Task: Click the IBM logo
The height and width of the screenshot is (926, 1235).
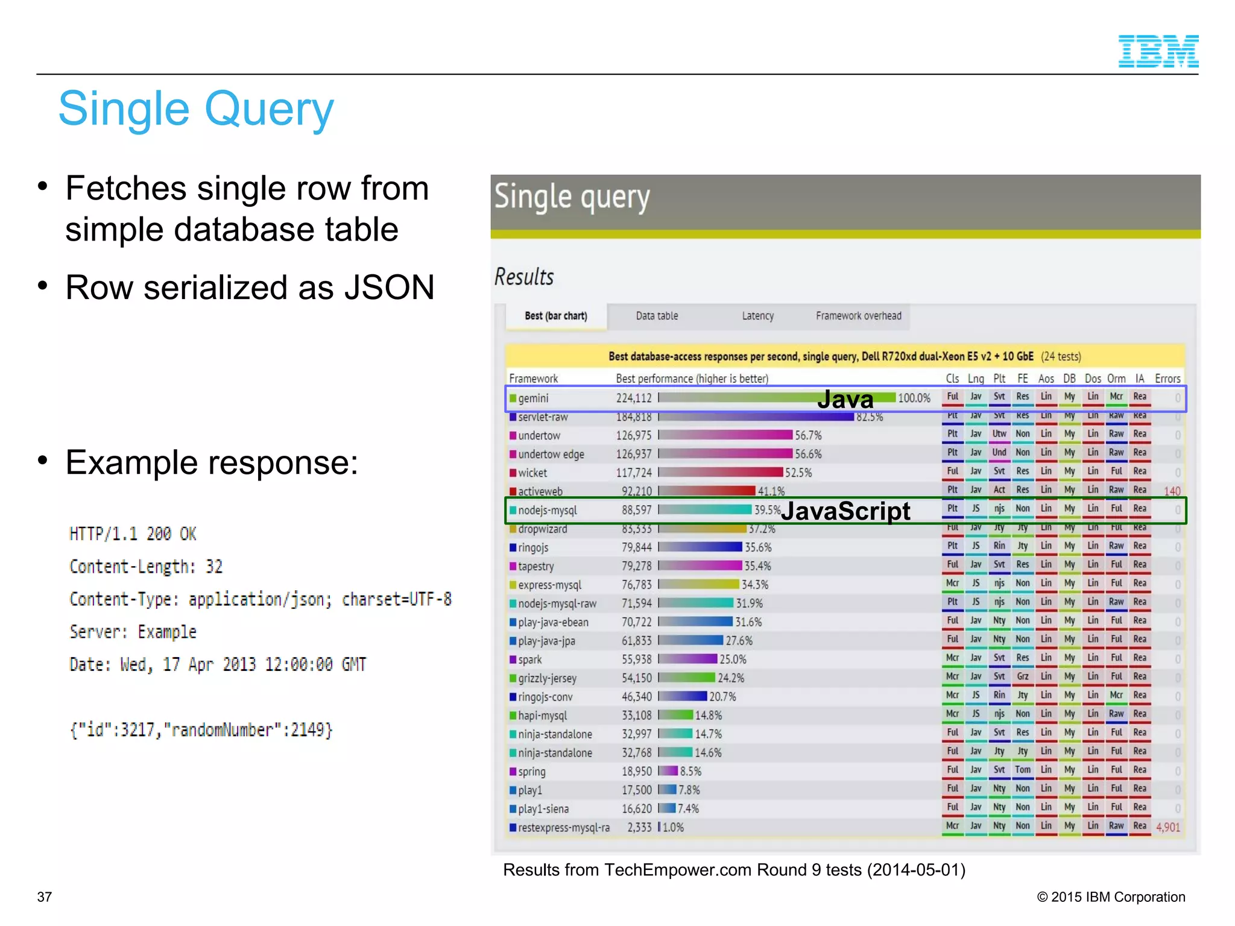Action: click(x=1158, y=51)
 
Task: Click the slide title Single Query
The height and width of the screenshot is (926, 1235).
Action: click(x=196, y=109)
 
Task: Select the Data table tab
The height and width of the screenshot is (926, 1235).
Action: click(x=657, y=316)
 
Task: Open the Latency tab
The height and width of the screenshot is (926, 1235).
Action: click(x=757, y=316)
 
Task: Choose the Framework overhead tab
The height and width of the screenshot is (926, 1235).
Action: click(x=858, y=316)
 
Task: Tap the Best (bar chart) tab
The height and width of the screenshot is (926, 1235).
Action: click(x=555, y=316)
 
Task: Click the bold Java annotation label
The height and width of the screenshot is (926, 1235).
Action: click(x=845, y=399)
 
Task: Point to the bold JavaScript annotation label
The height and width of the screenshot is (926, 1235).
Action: click(x=845, y=511)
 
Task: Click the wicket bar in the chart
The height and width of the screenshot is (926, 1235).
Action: click(x=721, y=473)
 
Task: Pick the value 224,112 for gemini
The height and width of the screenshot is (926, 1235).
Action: click(x=633, y=398)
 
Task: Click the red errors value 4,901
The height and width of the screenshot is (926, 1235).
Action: click(x=1167, y=827)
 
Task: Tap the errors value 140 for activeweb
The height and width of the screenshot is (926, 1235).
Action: click(x=1172, y=491)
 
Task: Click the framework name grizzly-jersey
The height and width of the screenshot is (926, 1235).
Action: click(x=547, y=678)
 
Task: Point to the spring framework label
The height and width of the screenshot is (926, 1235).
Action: click(x=531, y=772)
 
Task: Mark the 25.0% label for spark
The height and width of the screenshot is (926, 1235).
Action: click(x=733, y=660)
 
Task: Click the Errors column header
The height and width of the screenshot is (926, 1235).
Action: click(x=1167, y=379)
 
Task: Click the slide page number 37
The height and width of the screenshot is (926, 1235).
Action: click(x=44, y=897)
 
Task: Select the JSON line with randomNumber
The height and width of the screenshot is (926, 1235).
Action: click(x=201, y=730)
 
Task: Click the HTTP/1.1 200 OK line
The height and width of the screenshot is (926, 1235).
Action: click(x=133, y=534)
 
